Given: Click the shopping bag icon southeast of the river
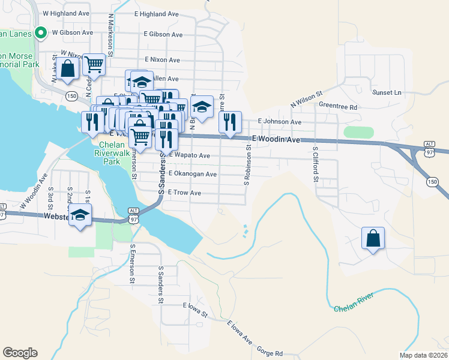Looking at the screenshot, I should [x=373, y=238].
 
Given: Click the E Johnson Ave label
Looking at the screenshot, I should [x=279, y=122].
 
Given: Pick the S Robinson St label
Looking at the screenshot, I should [x=247, y=164].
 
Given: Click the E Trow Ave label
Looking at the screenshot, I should [x=184, y=193].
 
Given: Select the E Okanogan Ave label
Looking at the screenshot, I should [x=192, y=174].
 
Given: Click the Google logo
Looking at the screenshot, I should [x=20, y=353].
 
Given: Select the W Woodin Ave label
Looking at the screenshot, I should [x=34, y=191].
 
